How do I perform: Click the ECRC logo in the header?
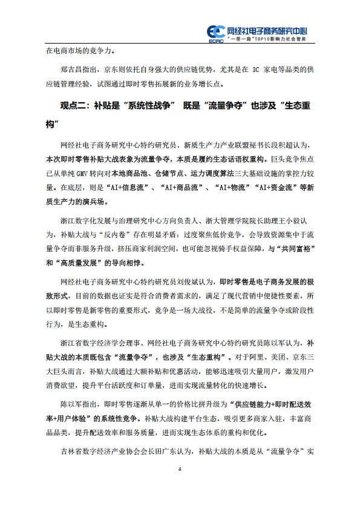click(x=215, y=31)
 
